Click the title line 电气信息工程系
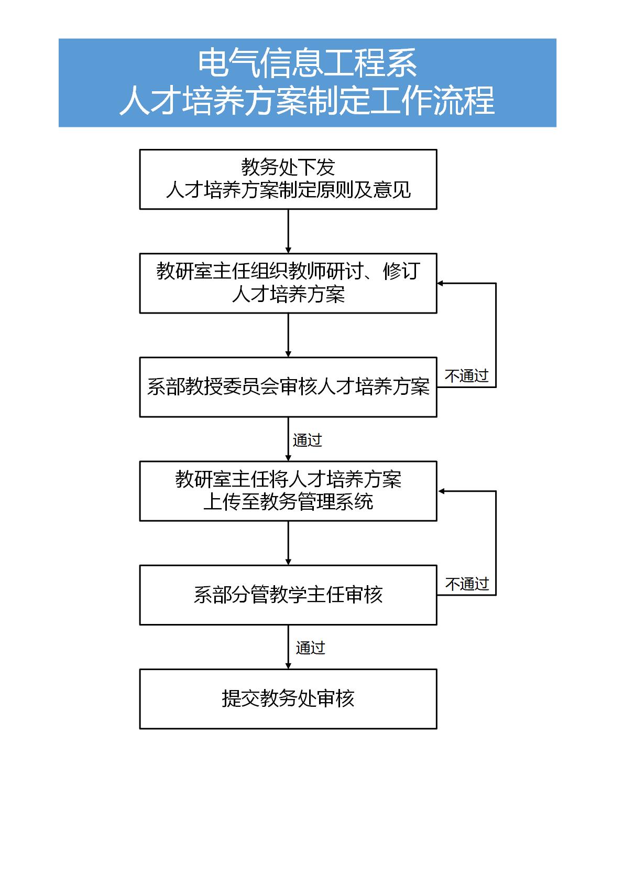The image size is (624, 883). coord(307,63)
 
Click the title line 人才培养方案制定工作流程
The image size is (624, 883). coord(307,101)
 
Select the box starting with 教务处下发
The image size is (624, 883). coord(288,179)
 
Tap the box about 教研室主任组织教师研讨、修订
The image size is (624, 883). coord(288,284)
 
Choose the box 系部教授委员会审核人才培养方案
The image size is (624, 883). coord(288,387)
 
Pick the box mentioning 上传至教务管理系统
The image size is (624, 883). coord(288,491)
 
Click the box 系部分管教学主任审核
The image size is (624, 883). coord(288,595)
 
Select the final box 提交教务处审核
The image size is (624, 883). coord(288,699)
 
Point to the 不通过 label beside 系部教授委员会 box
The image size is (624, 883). coord(467,376)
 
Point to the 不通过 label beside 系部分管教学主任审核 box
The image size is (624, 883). coord(467,584)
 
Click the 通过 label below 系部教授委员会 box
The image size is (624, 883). coord(308,440)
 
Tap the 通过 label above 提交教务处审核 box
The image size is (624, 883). coord(311,648)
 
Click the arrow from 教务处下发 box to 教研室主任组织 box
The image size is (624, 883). coord(288,231)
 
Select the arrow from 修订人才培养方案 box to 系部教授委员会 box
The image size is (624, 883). coord(288,336)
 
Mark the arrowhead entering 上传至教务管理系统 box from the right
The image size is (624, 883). coord(441,491)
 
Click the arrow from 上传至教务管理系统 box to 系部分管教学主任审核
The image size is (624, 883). coord(288,543)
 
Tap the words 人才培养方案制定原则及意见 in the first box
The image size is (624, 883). coord(288,190)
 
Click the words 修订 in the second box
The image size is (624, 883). coord(401,272)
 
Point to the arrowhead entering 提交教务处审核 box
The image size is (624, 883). coord(288,666)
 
